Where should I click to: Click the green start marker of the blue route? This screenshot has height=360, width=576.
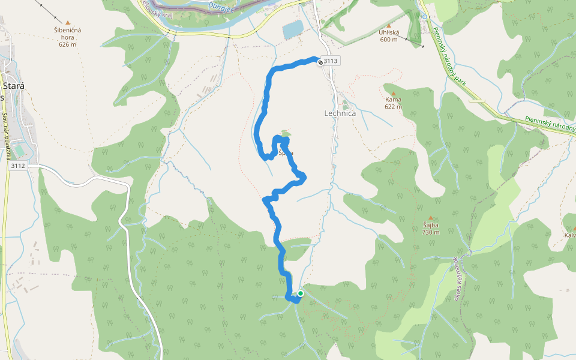[300, 293]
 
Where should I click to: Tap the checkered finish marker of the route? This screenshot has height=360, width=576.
[320, 61]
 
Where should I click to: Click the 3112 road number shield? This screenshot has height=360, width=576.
[19, 166]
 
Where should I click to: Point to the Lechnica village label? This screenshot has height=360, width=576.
[340, 113]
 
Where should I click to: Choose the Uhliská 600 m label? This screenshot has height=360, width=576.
[389, 36]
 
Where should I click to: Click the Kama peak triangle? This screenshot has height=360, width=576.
[394, 93]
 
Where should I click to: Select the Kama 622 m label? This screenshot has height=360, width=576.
[394, 103]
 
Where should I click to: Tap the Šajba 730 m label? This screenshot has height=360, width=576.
[430, 229]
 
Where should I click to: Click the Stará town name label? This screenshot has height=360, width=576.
[13, 86]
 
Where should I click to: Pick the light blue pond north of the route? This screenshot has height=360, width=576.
[293, 29]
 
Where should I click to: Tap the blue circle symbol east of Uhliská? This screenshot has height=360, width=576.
[425, 17]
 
